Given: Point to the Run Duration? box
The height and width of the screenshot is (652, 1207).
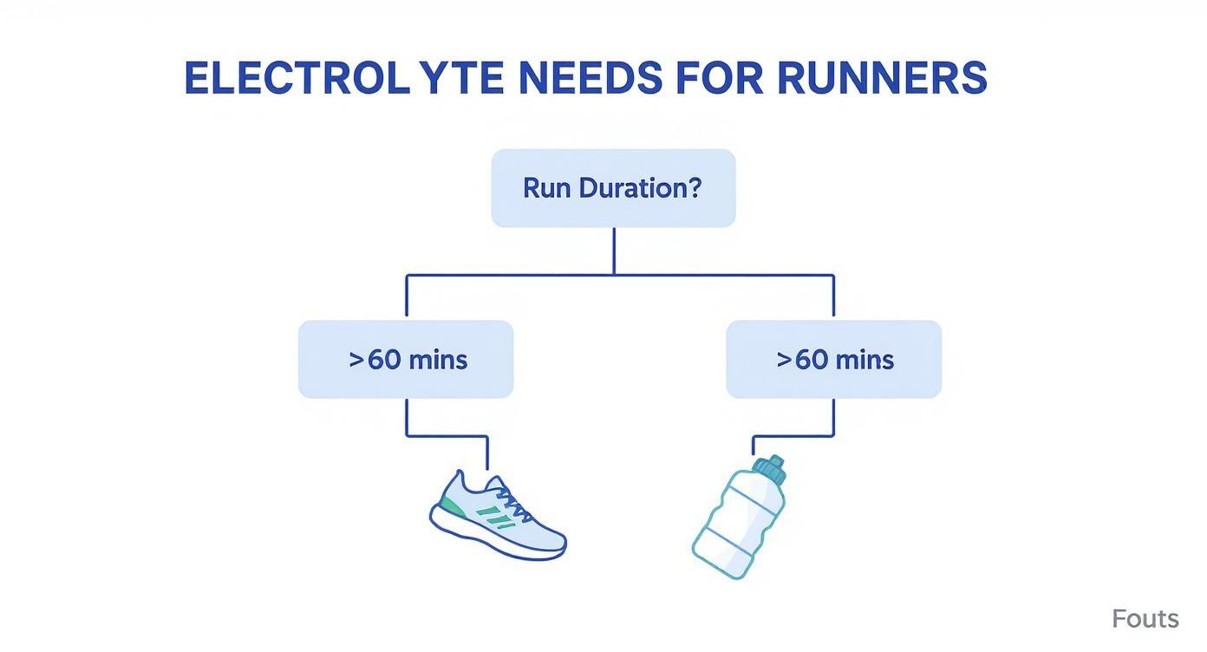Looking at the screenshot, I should click(613, 188).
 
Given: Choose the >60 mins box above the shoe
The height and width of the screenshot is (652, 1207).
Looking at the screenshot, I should click(406, 359).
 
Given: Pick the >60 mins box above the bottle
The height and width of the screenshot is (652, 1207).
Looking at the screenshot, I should click(833, 359).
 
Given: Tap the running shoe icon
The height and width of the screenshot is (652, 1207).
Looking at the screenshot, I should click(497, 515).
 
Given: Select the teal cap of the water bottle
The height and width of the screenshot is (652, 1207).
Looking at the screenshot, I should click(769, 469).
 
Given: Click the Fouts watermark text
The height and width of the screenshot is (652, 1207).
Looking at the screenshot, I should click(1145, 619).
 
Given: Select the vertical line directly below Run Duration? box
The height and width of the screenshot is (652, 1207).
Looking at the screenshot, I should click(614, 251).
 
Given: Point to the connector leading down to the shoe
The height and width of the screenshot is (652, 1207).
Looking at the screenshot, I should click(407, 418).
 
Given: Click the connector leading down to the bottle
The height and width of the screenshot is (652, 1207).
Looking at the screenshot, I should click(833, 418).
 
